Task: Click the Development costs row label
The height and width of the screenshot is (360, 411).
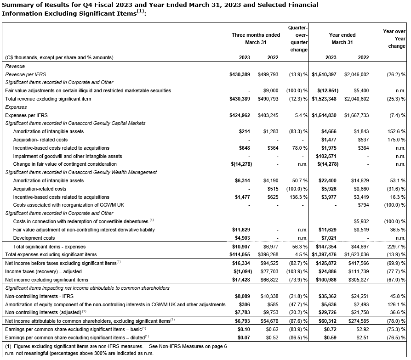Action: coord(34,238)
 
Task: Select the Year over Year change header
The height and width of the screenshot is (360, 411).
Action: coord(394,39)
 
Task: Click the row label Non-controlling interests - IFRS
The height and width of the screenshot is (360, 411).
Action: coord(40,296)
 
